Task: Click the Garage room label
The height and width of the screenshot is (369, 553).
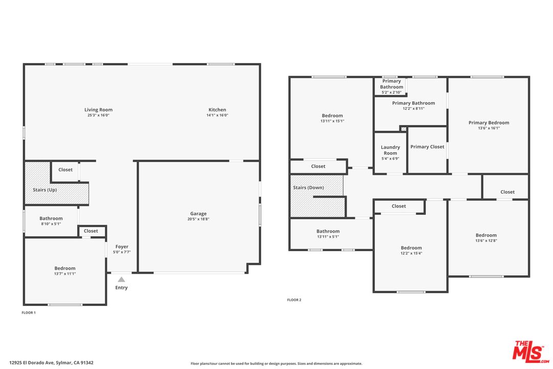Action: click(x=198, y=214)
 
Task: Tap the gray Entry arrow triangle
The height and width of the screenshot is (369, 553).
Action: click(x=121, y=279)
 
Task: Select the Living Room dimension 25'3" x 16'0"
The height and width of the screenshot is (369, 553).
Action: click(x=98, y=115)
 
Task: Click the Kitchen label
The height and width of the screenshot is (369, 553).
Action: click(x=217, y=110)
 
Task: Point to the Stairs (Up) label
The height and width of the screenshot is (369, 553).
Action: click(x=45, y=190)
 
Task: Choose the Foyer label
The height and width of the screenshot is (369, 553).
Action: click(x=122, y=247)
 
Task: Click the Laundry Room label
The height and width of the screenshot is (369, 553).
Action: click(x=390, y=150)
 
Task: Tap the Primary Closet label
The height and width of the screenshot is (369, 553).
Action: click(x=427, y=147)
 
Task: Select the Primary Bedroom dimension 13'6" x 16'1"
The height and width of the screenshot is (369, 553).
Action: click(x=489, y=128)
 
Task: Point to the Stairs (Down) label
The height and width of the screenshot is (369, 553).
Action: click(x=308, y=188)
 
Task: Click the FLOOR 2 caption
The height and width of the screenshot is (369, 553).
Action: click(x=294, y=300)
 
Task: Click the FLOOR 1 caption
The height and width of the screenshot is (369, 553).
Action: click(x=29, y=313)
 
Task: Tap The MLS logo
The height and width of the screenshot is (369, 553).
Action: click(x=531, y=352)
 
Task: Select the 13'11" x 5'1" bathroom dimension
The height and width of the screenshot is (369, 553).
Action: click(x=328, y=237)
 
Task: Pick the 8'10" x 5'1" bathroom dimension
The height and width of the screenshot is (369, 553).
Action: click(x=51, y=224)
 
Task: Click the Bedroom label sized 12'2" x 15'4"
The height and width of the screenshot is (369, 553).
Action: click(x=411, y=248)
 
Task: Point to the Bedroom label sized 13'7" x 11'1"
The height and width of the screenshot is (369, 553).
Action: click(x=65, y=269)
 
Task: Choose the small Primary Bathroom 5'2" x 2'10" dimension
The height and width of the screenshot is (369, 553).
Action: click(x=392, y=93)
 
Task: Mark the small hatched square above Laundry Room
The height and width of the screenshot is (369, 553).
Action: click(x=404, y=129)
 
